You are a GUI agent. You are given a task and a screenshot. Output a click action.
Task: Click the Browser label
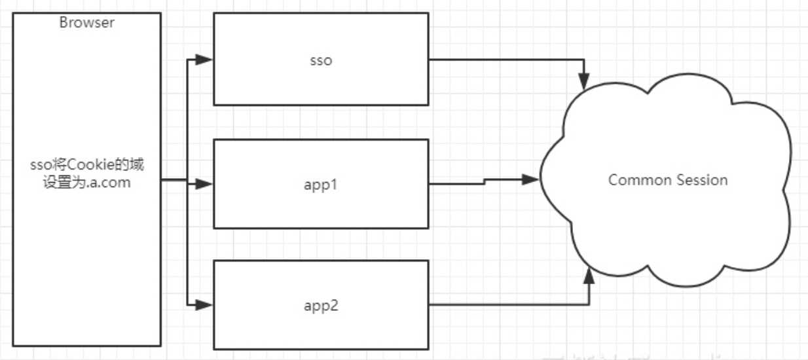coord(87,22)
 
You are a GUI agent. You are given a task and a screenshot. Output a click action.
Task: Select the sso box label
coord(321,61)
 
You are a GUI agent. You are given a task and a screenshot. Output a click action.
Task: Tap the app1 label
coord(321,184)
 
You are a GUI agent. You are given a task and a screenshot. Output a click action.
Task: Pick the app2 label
coord(321,305)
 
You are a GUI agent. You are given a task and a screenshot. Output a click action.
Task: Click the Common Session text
coord(668,179)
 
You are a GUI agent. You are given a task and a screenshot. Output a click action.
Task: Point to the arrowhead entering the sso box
coord(205,60)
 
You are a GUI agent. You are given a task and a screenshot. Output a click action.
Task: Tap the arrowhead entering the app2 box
coord(205,304)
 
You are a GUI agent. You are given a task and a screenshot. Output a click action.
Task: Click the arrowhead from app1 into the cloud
coord(530,178)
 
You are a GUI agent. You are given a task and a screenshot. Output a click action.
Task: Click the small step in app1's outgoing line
coord(485,181)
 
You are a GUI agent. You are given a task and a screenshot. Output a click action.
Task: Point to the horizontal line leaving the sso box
coord(504,60)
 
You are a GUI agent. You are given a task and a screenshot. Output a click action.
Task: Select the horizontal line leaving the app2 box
coord(504,304)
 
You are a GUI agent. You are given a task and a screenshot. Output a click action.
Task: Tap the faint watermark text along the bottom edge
coord(589,357)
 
